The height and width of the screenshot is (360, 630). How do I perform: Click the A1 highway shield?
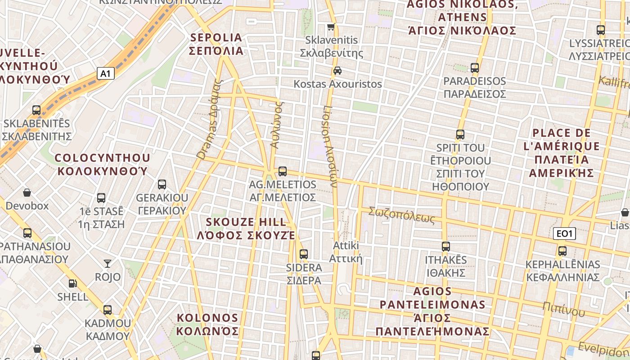105,73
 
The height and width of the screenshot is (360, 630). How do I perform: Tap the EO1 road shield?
564,234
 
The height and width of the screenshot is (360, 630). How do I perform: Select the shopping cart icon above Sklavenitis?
331,27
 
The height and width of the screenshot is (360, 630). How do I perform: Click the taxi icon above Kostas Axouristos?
337,70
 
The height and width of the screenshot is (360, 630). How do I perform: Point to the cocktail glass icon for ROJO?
108,263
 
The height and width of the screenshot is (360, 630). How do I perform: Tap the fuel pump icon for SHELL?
72,283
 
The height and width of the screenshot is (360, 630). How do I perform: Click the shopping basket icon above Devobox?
27,193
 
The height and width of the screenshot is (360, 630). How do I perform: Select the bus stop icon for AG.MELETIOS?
283,171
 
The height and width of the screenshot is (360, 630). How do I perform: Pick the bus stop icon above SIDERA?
304,254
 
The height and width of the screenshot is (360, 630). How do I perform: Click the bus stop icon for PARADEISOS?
475,68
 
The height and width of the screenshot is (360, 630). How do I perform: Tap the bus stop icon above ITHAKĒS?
446,246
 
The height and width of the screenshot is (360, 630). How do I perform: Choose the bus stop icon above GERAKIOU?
162,184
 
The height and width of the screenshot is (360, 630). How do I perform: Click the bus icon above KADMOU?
108,310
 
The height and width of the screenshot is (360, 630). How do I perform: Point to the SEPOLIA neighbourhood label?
216,44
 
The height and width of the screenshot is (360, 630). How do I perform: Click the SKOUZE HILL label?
246,228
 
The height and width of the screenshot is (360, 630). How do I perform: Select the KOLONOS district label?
207,324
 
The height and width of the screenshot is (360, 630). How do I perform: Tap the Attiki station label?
346,252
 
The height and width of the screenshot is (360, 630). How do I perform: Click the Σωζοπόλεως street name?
402,215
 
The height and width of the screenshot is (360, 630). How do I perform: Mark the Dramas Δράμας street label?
210,120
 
